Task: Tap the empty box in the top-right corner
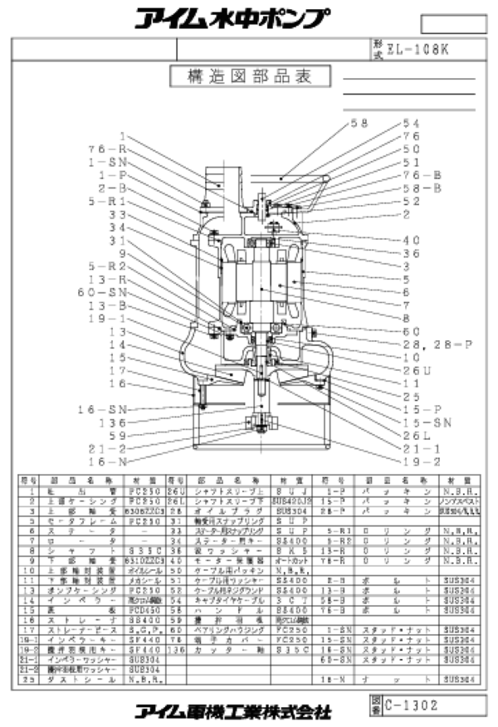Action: tap(451, 22)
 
